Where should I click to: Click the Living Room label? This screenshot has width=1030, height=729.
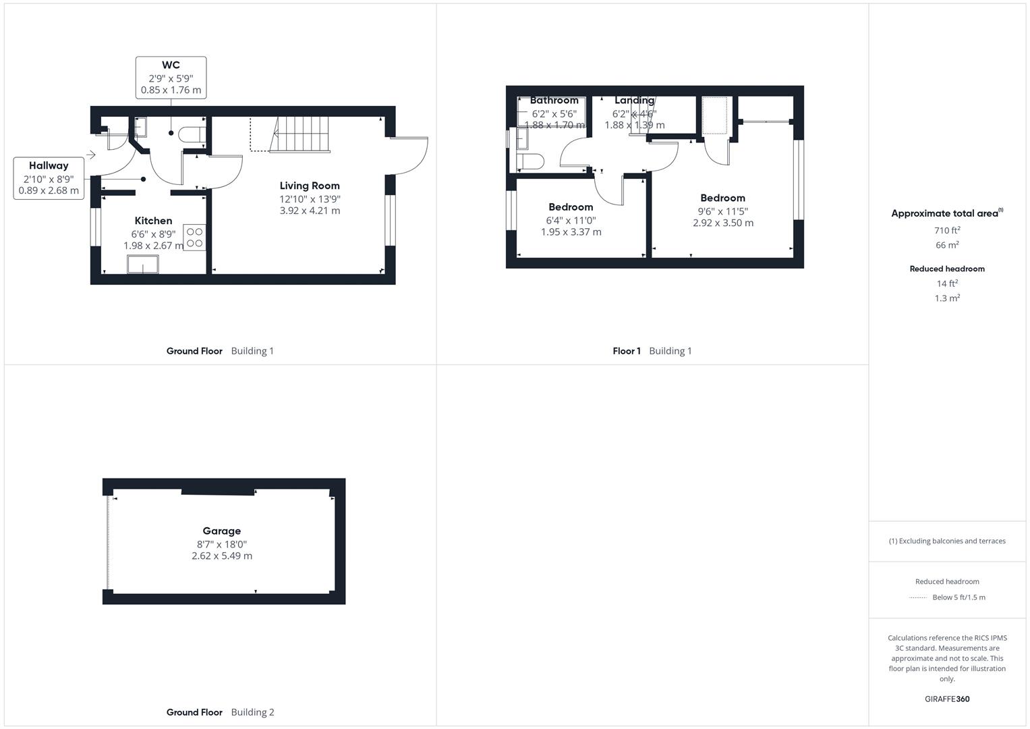coord(310,186)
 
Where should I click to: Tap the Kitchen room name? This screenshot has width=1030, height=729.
coord(153,221)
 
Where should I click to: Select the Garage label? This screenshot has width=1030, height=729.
coord(221,531)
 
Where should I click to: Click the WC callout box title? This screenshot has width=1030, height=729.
coord(171,65)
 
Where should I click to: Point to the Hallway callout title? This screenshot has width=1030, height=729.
coord(49,165)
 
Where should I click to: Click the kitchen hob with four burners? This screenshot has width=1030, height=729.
coord(194,237)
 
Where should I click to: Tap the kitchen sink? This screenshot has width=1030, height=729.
coord(143,264)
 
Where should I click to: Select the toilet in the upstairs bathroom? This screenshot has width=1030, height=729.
coord(530,162)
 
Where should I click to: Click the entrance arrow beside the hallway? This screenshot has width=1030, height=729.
coord(91,155)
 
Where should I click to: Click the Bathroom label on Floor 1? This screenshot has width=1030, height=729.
coord(554,101)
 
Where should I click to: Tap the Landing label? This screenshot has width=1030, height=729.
coord(634,101)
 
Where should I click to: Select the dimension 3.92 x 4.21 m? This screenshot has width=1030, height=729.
coord(310,211)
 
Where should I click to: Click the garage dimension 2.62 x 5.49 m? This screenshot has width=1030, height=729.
coord(221,556)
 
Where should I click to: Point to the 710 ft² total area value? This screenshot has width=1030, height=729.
coord(947,230)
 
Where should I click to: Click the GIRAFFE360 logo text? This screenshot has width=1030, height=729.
coord(946,699)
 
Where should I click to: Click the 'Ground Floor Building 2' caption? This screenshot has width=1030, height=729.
coord(220,712)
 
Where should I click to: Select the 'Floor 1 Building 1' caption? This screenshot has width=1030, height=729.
coord(652,351)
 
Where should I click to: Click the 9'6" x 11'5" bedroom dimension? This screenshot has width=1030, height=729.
coord(722,211)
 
